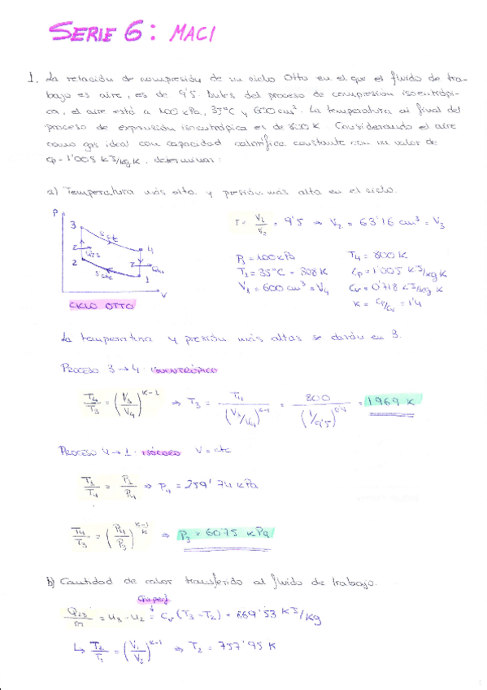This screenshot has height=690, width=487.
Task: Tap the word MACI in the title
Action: click(191, 33)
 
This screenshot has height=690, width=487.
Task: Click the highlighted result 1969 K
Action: click(389, 401)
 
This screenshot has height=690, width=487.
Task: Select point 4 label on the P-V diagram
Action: click(150, 248)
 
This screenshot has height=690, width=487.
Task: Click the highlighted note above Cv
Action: click(151, 600)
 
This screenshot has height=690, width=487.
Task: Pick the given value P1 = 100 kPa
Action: click(259, 254)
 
